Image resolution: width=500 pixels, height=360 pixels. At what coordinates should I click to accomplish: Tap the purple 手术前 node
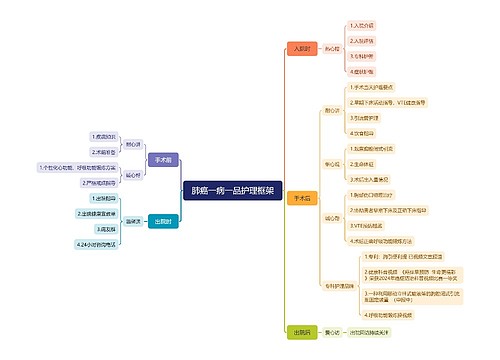click(x=163, y=159)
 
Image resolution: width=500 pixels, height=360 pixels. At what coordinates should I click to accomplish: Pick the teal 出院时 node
click(x=163, y=221)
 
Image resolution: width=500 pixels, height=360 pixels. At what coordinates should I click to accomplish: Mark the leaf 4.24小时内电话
click(x=98, y=244)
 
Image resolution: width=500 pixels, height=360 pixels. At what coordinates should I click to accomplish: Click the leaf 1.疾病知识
click(x=103, y=136)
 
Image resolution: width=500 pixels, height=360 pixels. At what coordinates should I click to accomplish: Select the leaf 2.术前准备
click(x=103, y=151)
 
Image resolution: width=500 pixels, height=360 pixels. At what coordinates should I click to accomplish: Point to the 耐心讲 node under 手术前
click(x=133, y=144)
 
